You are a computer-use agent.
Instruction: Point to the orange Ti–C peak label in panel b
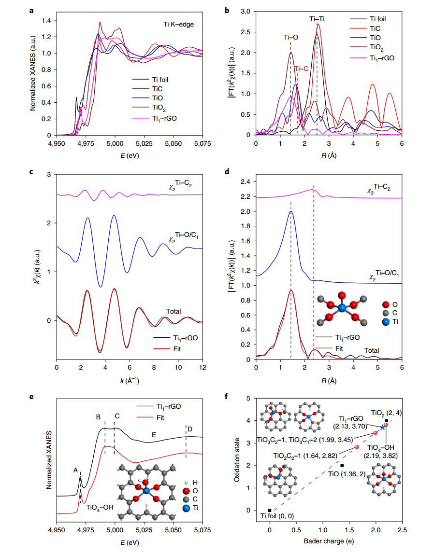tap(301, 69)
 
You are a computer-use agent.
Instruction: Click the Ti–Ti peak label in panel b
tap(317, 19)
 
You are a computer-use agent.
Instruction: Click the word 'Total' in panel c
tap(174, 311)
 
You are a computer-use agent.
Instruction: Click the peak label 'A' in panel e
tap(75, 469)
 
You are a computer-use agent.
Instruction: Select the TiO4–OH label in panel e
tap(100, 508)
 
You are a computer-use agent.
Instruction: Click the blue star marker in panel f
tap(382, 427)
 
